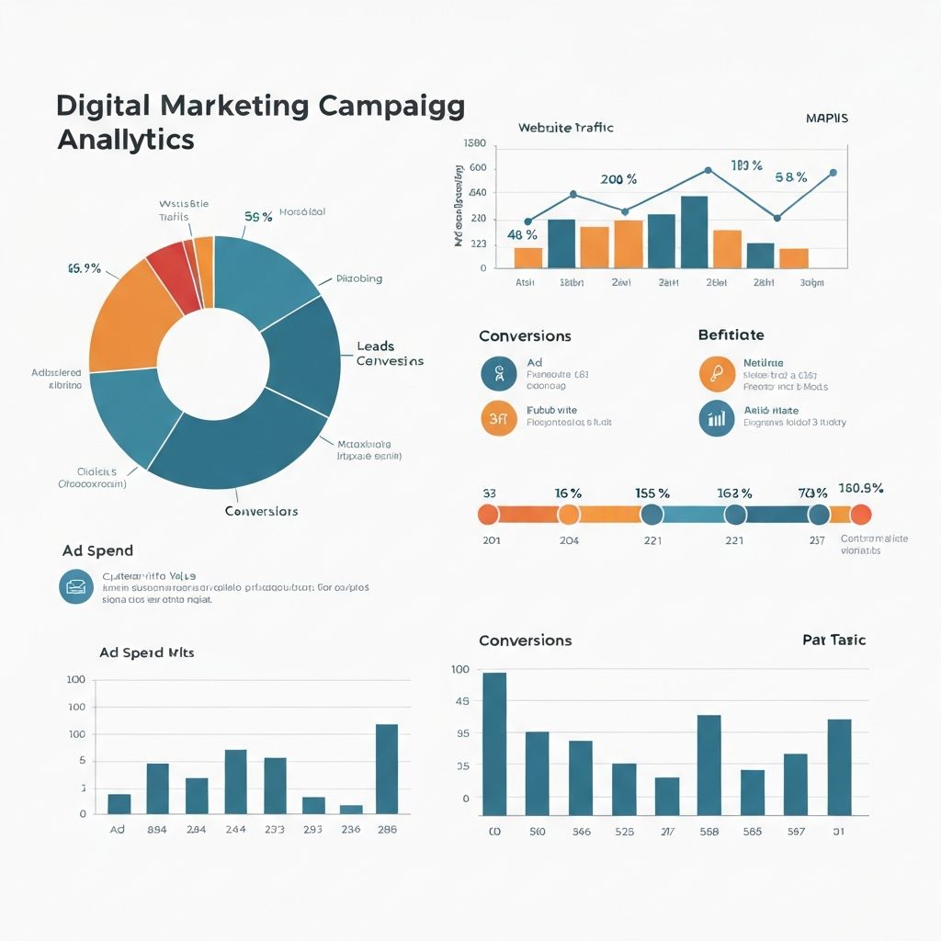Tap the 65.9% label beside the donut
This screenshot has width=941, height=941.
[x=84, y=269]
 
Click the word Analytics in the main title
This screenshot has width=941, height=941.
[x=125, y=140]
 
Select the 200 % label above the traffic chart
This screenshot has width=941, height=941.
[x=618, y=179]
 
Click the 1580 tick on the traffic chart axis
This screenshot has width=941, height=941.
[x=474, y=143]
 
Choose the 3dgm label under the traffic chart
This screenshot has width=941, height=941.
[x=811, y=283]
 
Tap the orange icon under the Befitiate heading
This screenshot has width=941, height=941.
[x=716, y=373]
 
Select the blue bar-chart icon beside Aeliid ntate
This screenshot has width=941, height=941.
[x=716, y=417]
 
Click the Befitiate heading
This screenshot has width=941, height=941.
[x=731, y=335]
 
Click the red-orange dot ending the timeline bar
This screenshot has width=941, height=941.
[x=860, y=515]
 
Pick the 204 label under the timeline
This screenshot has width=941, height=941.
[x=569, y=540]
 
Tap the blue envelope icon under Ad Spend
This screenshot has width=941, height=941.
[x=75, y=586]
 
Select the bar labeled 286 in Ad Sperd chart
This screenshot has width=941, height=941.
[x=387, y=769]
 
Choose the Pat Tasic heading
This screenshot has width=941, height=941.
[x=833, y=640]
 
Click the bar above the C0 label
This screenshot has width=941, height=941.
[x=494, y=743]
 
